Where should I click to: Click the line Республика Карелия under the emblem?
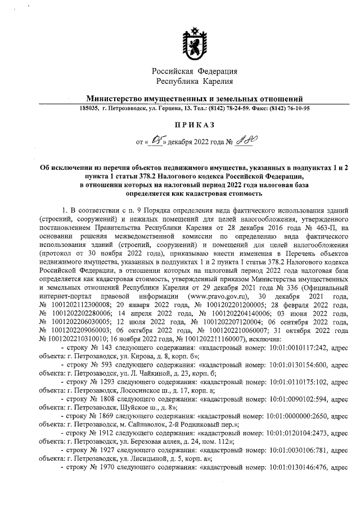(x=195, y=82)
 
